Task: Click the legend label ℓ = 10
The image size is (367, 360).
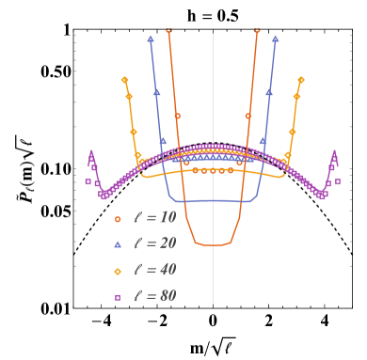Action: click(154, 217)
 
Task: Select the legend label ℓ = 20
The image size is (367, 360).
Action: click(154, 243)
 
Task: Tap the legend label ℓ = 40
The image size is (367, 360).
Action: click(154, 270)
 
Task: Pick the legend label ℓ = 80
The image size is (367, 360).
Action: click(154, 296)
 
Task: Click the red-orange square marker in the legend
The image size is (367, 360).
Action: click(118, 218)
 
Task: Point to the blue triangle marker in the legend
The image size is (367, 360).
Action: click(118, 244)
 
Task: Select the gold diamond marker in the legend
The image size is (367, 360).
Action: click(118, 271)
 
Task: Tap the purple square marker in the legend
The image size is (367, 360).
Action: click(118, 297)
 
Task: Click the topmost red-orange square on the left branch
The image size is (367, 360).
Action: click(168, 31)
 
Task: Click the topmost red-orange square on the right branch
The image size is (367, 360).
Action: click(257, 31)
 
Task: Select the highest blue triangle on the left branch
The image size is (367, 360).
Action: click(151, 39)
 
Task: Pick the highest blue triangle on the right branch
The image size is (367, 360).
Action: click(275, 39)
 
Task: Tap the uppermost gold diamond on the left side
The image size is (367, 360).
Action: click(124, 80)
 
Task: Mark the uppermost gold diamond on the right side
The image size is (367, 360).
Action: click(301, 80)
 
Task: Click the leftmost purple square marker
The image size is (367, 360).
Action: click(88, 181)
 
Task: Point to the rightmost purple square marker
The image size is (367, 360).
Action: click(338, 181)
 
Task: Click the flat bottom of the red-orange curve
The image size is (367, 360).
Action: click(214, 244)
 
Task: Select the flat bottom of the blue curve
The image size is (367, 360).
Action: click(213, 201)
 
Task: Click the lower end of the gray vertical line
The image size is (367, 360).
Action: click(213, 303)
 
